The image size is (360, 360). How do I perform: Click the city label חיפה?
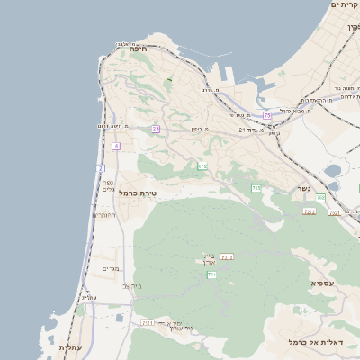pyautogui.click(x=138, y=49)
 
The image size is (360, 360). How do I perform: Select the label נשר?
pyautogui.click(x=303, y=189)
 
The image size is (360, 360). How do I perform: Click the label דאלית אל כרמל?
pyautogui.click(x=310, y=342)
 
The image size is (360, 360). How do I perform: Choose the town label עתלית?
pyautogui.click(x=70, y=346)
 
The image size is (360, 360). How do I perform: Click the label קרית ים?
pyautogui.click(x=345, y=5)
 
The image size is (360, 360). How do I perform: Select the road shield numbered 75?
pyautogui.click(x=267, y=115)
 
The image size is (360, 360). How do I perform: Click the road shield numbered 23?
pyautogui.click(x=156, y=129)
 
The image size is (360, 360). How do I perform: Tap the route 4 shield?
pyautogui.click(x=116, y=146)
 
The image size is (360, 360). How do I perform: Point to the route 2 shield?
pyautogui.click(x=101, y=168)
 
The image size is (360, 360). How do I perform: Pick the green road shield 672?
pyautogui.click(x=203, y=166)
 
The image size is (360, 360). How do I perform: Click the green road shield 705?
pyautogui.click(x=256, y=188)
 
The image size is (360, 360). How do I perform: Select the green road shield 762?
pyautogui.click(x=320, y=197)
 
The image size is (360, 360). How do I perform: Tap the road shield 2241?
pyautogui.click(x=227, y=257)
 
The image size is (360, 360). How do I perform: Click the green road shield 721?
pyautogui.click(x=211, y=274)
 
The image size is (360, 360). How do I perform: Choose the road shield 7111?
pyautogui.click(x=148, y=321)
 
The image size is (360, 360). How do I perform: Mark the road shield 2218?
pyautogui.click(x=310, y=211)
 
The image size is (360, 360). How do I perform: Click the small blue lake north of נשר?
pyautogui.click(x=333, y=170)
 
